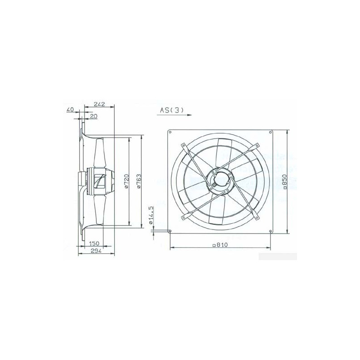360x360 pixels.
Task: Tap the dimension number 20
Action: pos(94,117)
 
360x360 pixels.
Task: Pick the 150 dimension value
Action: pos(94,243)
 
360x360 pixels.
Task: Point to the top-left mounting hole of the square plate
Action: pos(170,132)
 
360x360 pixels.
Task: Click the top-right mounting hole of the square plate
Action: pos(271,132)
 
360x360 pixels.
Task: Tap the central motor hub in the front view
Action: pos(220,182)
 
